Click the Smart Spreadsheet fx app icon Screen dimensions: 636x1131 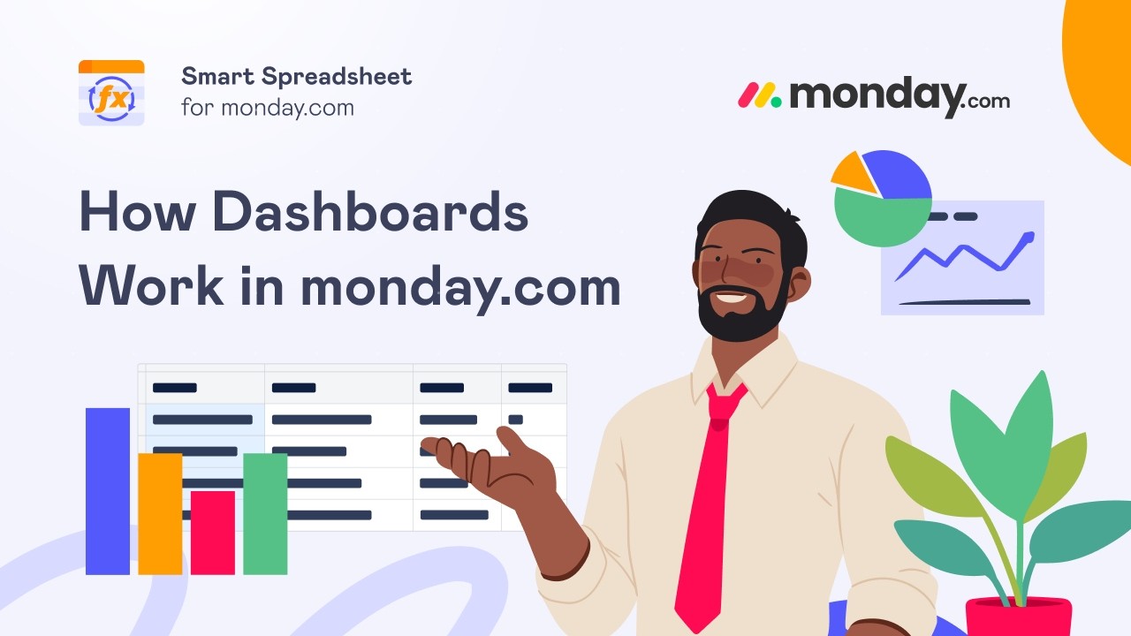coord(111,93)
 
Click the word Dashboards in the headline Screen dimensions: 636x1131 coord(370,212)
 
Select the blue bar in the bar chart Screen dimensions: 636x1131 coord(108,491)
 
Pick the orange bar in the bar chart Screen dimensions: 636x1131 coord(160,513)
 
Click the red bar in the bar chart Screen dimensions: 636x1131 coord(213,533)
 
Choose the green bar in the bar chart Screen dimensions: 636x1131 coord(265,513)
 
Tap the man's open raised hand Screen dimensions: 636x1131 coord(495,464)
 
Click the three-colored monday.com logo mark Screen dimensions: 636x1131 coord(760,95)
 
